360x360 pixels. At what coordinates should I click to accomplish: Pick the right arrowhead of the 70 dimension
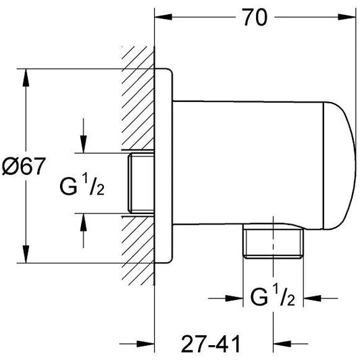point(349,19)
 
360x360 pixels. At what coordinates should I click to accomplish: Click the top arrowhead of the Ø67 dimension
point(26,76)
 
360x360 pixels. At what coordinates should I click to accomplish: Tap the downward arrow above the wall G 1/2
point(83,143)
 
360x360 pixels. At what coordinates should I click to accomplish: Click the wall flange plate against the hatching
point(165,162)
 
